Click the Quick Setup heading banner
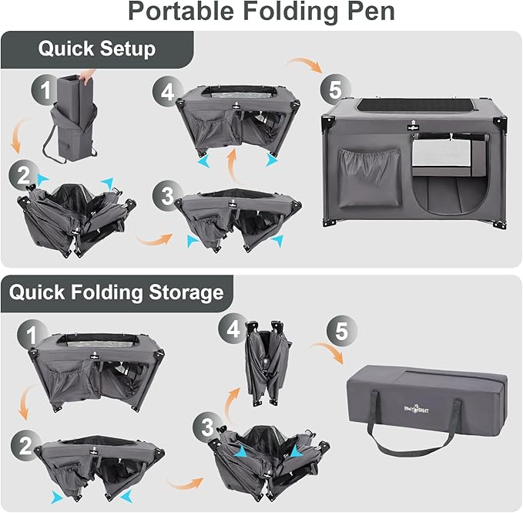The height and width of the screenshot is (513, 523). (x=96, y=49)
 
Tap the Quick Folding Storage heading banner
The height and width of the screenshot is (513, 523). (x=116, y=292)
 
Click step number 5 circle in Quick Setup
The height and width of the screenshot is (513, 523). (x=334, y=89)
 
